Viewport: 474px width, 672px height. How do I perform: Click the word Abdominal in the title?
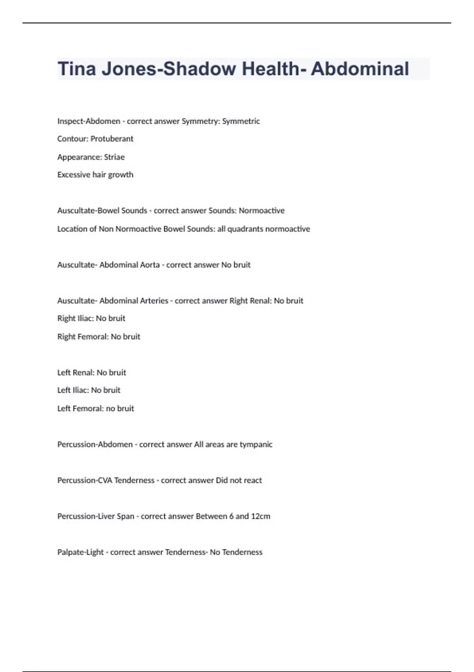[359, 69]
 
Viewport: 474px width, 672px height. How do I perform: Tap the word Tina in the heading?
[77, 69]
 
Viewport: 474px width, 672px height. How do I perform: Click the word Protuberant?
[112, 139]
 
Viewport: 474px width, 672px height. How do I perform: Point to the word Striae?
[114, 157]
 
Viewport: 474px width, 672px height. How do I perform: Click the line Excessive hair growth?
[95, 175]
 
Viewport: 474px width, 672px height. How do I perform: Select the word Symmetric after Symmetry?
[241, 121]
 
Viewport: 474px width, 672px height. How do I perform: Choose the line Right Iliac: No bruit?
[91, 318]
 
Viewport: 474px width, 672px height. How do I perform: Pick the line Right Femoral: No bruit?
[99, 336]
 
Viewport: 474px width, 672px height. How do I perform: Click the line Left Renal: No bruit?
[92, 372]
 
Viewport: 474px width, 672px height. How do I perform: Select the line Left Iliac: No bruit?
[89, 390]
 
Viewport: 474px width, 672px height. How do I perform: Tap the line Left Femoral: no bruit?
[96, 408]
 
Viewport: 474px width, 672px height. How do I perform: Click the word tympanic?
[256, 444]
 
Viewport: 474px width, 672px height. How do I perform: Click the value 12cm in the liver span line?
[261, 516]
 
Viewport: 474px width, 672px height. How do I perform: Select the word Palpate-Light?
[81, 552]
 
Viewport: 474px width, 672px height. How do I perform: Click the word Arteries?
[153, 301]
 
